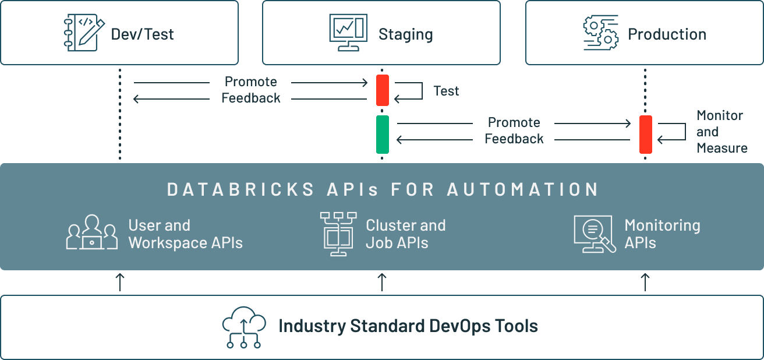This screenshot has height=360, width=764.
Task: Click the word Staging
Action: coord(405,34)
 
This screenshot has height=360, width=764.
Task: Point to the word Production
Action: coord(667,34)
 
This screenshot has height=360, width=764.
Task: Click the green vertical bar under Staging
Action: coord(382,134)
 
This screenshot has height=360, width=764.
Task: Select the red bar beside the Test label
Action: coord(382,90)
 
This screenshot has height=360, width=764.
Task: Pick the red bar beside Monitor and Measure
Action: coord(645,134)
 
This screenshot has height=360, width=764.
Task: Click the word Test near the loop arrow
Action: coord(446,91)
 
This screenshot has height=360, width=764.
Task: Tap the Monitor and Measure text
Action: coord(721,132)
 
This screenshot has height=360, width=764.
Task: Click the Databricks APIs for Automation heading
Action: coord(383,189)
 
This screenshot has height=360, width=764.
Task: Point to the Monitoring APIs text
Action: coord(662,234)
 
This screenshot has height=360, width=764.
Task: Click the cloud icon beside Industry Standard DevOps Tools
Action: coord(244,327)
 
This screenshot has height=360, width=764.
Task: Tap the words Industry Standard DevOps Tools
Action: coord(408,326)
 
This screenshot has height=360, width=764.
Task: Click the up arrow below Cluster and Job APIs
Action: coord(382,282)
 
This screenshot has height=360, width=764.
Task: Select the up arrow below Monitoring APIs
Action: coord(645,282)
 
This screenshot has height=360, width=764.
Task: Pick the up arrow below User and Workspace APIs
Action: coord(120,282)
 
